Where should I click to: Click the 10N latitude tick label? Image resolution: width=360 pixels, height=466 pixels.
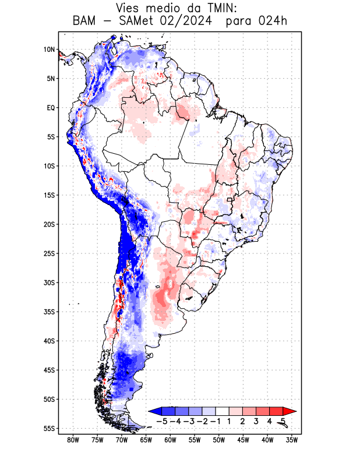[x=48, y=50]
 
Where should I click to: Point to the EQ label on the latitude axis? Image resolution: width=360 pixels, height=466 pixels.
[x=50, y=108]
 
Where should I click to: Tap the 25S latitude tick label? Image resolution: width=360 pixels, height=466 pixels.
[x=48, y=253]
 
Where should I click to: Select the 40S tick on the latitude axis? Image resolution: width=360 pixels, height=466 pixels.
[x=48, y=341]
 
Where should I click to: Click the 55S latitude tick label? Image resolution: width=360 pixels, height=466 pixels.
[x=48, y=428]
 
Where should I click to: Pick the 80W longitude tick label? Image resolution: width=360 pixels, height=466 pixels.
[x=73, y=440]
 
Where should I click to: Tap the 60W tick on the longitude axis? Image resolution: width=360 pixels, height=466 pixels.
[x=170, y=440]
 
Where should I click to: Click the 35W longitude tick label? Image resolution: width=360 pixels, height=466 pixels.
[x=292, y=440]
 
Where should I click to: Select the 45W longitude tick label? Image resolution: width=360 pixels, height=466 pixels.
[x=243, y=440]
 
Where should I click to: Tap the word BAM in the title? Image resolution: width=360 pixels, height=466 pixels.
[x=85, y=22]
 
